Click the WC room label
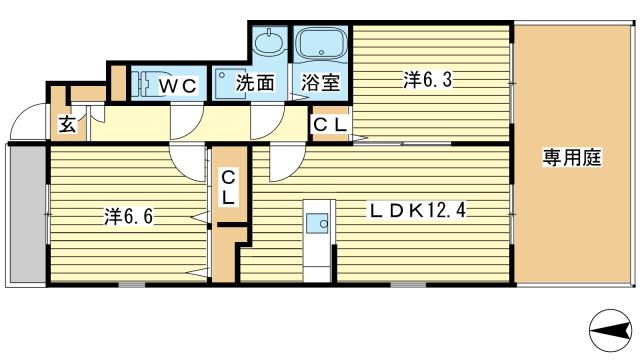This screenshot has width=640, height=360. (x=178, y=86)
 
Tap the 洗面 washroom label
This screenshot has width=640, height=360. (x=255, y=83)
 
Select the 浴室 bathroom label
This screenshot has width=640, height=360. (x=320, y=83)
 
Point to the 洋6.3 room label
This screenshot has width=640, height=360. (x=428, y=80)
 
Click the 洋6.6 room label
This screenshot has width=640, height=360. (x=129, y=216)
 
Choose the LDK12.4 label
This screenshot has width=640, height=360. (x=418, y=211)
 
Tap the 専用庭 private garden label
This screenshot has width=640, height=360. (x=572, y=157)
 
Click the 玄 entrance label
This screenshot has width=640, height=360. (x=67, y=124)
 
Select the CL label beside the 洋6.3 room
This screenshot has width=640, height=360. (x=330, y=125)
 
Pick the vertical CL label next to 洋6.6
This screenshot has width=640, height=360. (x=228, y=188)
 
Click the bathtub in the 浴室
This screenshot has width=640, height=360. (x=321, y=44)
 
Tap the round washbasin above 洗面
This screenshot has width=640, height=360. (x=269, y=41)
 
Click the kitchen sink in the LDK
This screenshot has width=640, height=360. (x=317, y=223)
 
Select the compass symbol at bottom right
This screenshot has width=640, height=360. (x=611, y=331)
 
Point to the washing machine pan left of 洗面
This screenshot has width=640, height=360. (x=230, y=84)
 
